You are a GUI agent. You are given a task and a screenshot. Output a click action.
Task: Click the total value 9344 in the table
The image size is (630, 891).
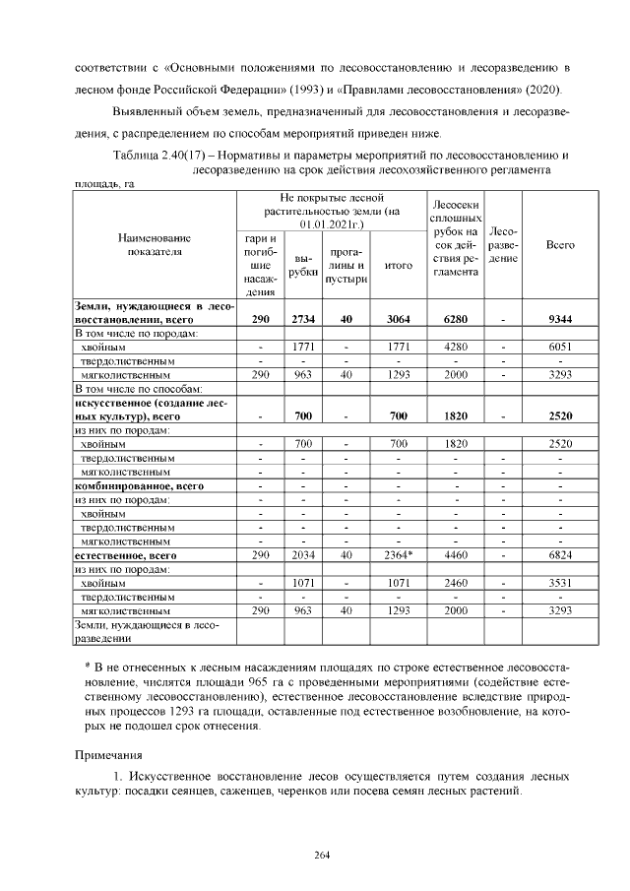pos(559,320)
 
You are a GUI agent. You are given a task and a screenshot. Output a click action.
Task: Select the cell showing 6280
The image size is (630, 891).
pos(455,320)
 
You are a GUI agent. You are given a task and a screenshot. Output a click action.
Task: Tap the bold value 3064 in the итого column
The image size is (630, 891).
pos(398,320)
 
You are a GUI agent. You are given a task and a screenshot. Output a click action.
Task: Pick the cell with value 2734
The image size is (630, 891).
pos(303,320)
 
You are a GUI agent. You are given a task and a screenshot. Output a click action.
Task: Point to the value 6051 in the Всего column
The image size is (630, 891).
pos(559,347)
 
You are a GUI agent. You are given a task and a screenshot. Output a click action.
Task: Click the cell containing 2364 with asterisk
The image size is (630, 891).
pos(398,555)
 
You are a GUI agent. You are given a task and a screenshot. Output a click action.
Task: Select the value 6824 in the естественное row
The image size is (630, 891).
pos(559,555)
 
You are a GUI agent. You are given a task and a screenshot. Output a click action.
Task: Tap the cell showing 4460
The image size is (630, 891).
pos(455,555)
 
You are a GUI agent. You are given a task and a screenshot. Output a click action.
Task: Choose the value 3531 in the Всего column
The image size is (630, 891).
pos(559,583)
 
